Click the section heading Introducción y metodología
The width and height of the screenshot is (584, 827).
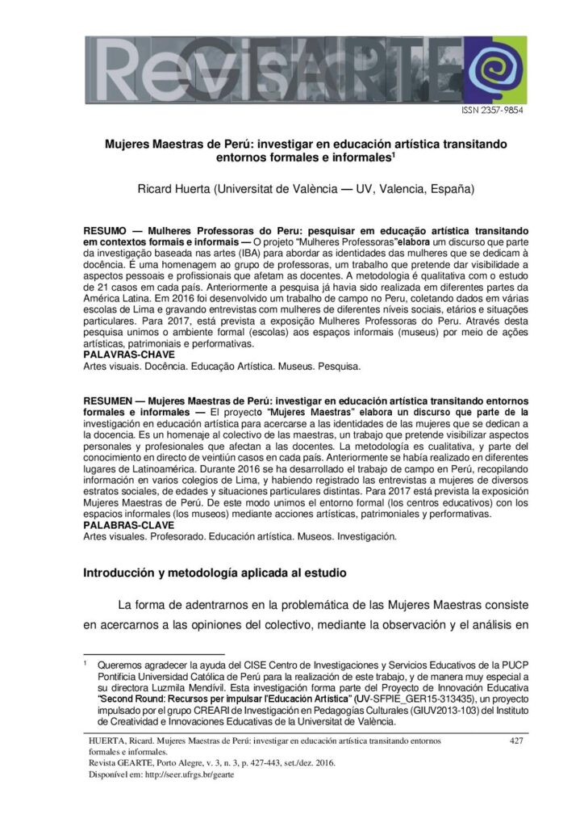tap(215, 573)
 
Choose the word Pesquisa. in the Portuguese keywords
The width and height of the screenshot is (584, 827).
tap(340, 366)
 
